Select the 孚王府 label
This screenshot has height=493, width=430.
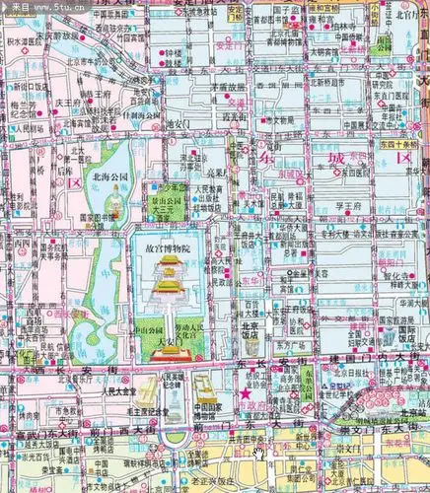351,205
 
